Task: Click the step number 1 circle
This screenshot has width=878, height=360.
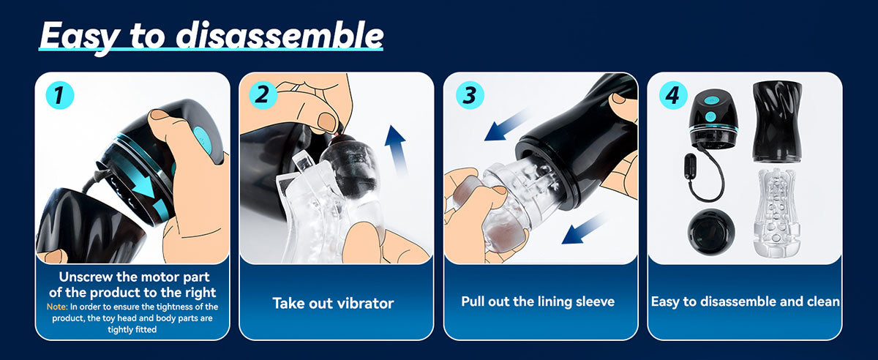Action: point(59,95)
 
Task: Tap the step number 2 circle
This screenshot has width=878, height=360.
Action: point(263,95)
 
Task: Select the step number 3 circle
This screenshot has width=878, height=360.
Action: point(470,95)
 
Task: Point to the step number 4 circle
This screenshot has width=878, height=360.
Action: point(673,95)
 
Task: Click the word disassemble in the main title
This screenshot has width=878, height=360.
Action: point(279,35)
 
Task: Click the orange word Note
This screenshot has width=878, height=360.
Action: point(57,307)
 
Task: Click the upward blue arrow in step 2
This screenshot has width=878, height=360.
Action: point(397,151)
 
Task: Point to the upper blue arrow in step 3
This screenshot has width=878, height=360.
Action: point(506,124)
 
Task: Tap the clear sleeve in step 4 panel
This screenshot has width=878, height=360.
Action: point(776,213)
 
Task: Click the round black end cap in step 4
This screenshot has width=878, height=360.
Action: point(711,232)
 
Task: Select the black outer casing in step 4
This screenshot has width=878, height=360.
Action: point(777,121)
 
